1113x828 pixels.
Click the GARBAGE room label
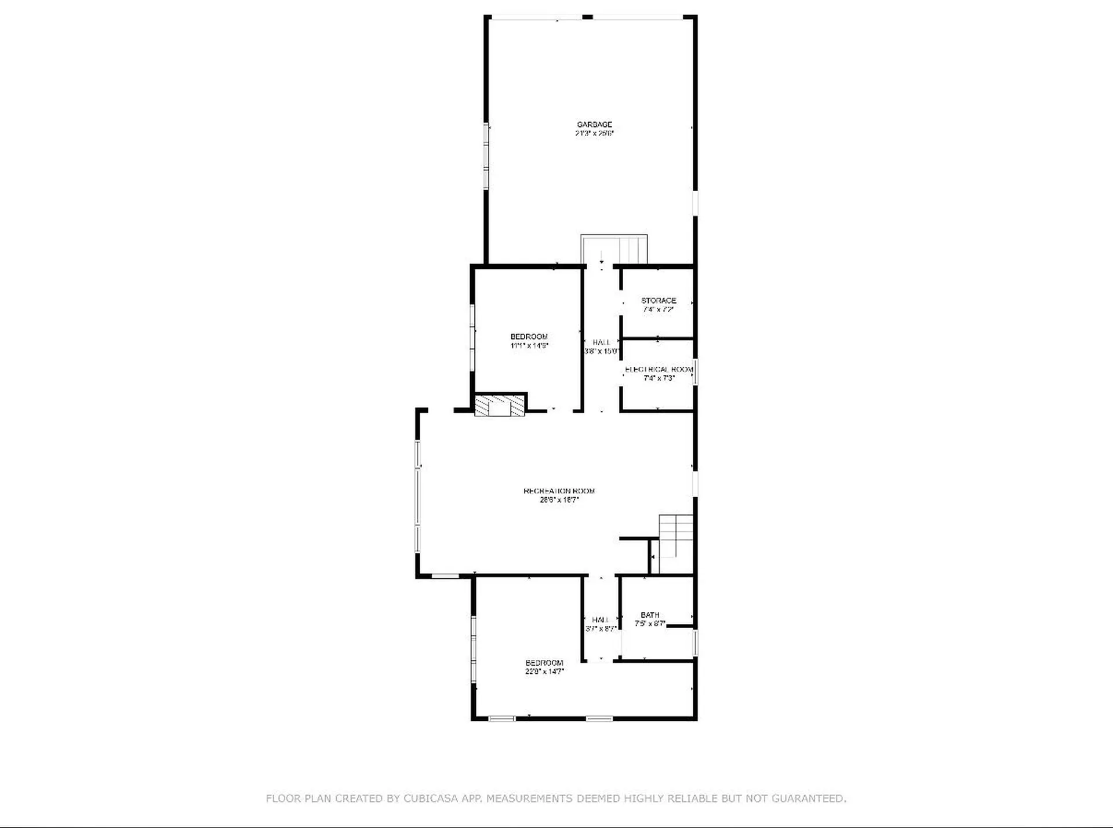click(594, 125)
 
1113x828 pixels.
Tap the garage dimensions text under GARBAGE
click(594, 133)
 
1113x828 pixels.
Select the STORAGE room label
click(659, 301)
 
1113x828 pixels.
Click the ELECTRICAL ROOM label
click(659, 370)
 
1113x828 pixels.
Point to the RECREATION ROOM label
click(559, 491)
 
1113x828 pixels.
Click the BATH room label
click(650, 615)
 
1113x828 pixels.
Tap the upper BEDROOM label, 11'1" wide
click(529, 337)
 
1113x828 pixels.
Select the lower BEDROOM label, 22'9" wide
click(544, 663)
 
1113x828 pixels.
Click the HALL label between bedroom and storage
click(601, 342)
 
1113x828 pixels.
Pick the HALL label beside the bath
click(601, 620)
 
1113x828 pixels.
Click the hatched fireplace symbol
click(500, 405)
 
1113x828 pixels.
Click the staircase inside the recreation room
click(676, 536)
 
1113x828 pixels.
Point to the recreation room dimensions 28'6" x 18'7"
click(559, 500)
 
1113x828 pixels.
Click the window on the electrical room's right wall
click(696, 371)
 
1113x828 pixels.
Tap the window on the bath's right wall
click(696, 643)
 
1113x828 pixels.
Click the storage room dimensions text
click(659, 309)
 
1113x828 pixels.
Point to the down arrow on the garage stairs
click(602, 258)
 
